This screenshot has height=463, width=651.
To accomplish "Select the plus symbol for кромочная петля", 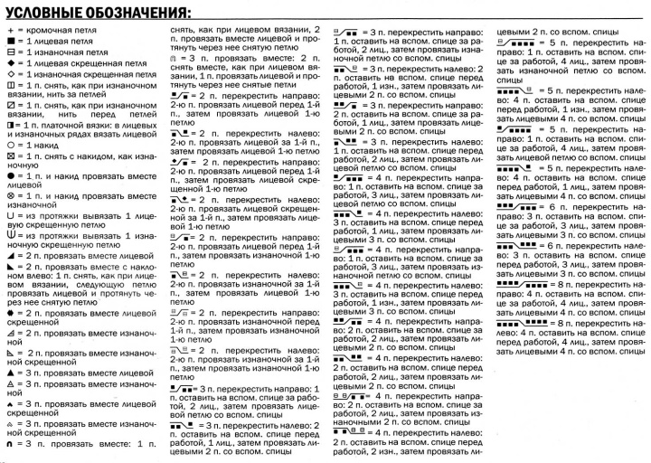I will (x=8, y=32).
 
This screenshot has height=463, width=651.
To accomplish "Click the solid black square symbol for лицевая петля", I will (x=9, y=43).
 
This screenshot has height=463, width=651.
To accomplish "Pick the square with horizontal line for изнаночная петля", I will (x=9, y=53).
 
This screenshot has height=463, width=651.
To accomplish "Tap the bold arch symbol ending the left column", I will (x=9, y=444).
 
